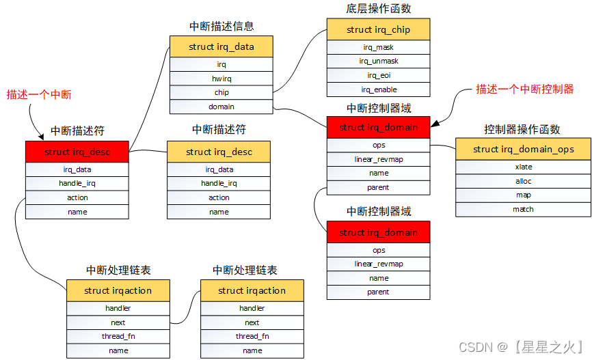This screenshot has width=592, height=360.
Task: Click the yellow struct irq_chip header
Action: click(x=378, y=29)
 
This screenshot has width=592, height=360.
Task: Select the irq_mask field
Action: click(x=378, y=47)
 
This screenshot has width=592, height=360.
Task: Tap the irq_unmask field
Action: click(x=378, y=61)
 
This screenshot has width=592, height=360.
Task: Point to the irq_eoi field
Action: click(x=378, y=75)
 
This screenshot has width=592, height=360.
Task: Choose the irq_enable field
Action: click(x=378, y=89)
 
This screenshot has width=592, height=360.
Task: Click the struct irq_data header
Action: click(x=221, y=46)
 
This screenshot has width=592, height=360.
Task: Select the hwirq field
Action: click(x=221, y=79)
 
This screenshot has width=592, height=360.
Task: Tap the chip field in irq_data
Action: click(x=221, y=92)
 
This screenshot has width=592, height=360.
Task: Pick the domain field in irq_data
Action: click(x=221, y=107)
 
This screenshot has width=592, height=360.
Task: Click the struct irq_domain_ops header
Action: click(x=523, y=149)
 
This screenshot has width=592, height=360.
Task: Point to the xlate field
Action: click(x=523, y=167)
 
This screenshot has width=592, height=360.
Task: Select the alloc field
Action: click(x=523, y=181)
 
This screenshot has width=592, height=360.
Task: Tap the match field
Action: click(x=523, y=209)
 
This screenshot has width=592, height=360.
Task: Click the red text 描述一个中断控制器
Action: click(x=525, y=89)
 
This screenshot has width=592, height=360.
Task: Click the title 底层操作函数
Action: click(x=379, y=9)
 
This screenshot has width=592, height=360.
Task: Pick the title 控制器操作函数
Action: click(x=522, y=129)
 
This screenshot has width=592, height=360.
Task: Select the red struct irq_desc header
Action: click(x=77, y=152)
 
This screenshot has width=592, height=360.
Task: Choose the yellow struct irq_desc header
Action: click(x=219, y=152)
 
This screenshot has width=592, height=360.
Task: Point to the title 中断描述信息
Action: click(x=221, y=27)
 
